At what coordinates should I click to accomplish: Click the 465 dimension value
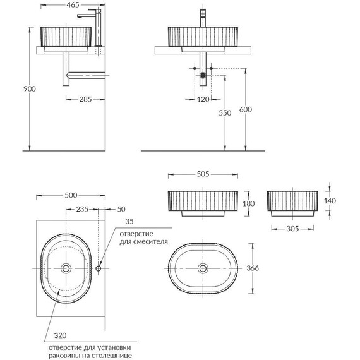click(x=73, y=5)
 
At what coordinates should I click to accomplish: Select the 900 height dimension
click(x=30, y=89)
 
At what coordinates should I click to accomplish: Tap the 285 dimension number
click(x=85, y=99)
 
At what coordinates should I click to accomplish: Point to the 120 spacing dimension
click(x=203, y=99)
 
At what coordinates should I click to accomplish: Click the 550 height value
click(x=225, y=113)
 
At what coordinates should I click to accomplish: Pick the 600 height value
click(x=246, y=109)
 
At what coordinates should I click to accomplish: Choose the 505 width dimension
click(x=203, y=174)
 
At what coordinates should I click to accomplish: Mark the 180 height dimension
click(x=249, y=203)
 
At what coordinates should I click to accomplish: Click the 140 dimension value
click(x=330, y=201)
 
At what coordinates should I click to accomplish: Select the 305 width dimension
click(x=292, y=229)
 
